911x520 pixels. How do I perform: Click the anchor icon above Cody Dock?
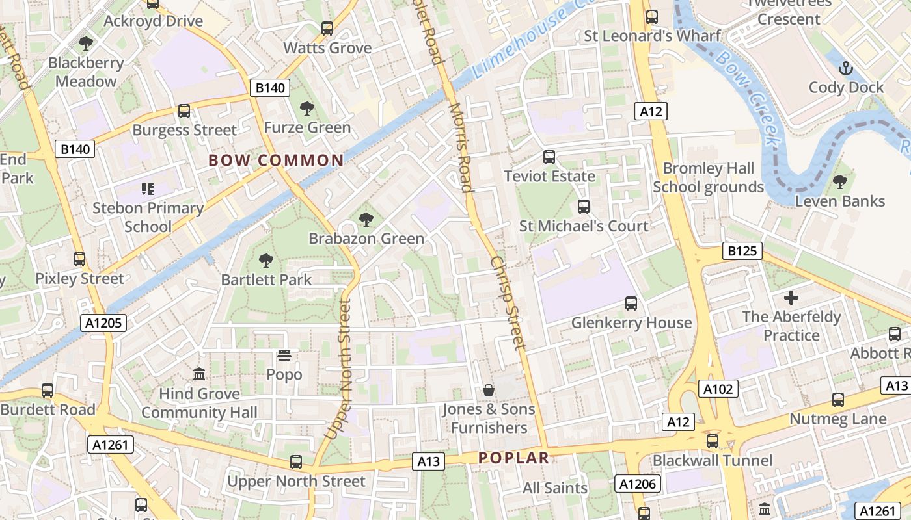pos(846,68)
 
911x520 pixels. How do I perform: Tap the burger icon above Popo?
pos(284,355)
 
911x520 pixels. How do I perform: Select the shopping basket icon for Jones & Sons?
pos(489,390)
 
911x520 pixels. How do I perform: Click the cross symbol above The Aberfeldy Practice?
pos(791,298)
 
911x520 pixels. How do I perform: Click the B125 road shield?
pos(742,251)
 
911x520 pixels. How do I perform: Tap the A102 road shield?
pos(718,389)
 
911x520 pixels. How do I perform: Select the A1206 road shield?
pos(638,484)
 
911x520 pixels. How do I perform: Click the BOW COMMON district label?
pos(276,161)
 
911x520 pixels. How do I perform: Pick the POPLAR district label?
pos(514,458)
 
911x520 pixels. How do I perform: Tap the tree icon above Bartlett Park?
pos(266,261)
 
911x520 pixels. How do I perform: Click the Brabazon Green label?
pos(366,239)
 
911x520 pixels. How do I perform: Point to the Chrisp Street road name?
pos(508,302)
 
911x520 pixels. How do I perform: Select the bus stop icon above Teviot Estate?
pos(549,157)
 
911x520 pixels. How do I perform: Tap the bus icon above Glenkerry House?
pos(631,304)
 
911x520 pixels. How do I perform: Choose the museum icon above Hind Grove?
pos(199,374)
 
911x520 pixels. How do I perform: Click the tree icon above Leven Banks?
pos(840,181)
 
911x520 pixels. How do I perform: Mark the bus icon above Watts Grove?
pos(327,29)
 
